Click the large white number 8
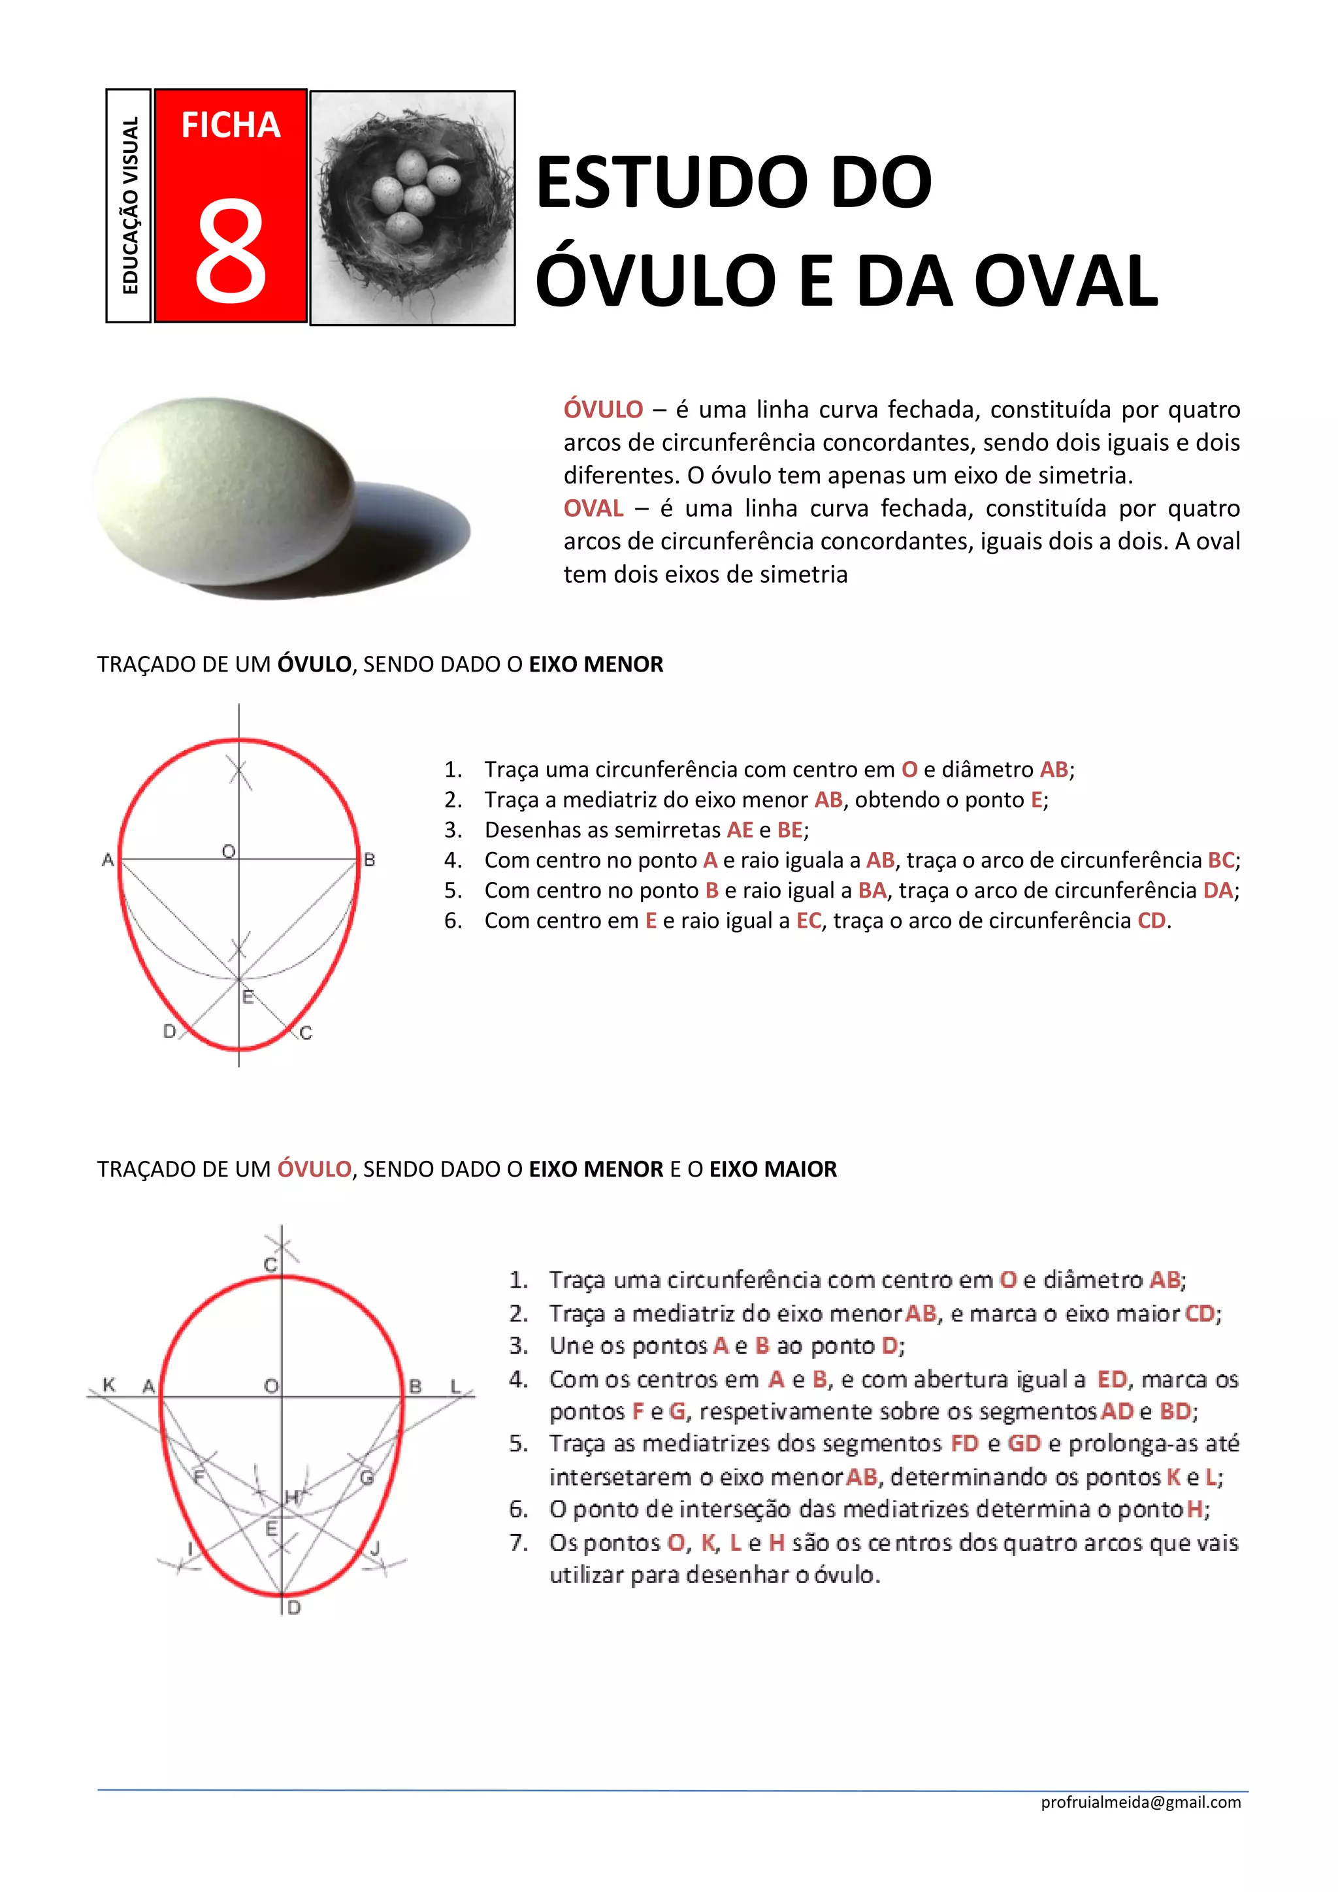[231, 252]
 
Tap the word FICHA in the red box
[231, 125]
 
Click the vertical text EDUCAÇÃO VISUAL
[130, 205]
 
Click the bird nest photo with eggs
[412, 208]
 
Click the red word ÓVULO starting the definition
[603, 410]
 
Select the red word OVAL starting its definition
[593, 508]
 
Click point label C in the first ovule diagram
[306, 1032]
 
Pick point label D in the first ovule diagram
[170, 1031]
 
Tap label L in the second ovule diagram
[455, 1386]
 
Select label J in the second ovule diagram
[376, 1548]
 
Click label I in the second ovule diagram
[190, 1548]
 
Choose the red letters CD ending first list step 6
[1151, 921]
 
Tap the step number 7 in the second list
[517, 1542]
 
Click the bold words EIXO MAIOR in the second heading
[773, 1169]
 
